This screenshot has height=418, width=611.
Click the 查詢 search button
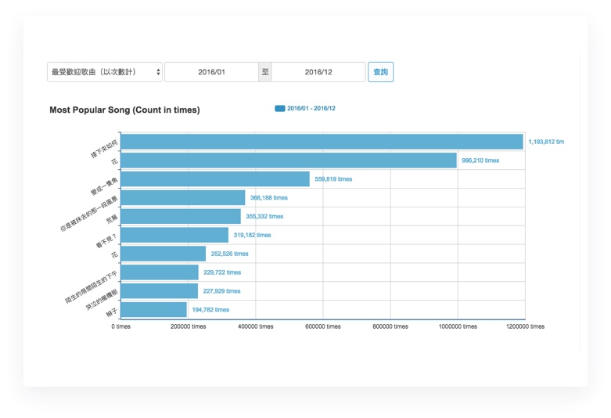pos(380,72)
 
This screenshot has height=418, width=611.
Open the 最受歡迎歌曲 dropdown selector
pos(105,72)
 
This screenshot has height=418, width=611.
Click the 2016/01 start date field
pos(211,72)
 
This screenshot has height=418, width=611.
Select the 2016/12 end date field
pos(318,72)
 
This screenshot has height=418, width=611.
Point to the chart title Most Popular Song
pos(124,110)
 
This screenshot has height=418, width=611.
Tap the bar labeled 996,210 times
pos(289,160)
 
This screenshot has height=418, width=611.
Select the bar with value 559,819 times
pos(215,179)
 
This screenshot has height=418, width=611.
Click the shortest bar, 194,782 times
pos(154,309)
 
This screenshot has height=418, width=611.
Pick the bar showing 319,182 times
pos(174,235)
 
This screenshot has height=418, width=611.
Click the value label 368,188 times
pos(268,198)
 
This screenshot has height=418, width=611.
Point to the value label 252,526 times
pos(229,254)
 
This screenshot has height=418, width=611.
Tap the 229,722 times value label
pos(222,272)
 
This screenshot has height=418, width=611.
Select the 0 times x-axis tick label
pos(120,326)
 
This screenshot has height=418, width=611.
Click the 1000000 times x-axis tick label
pos(458,326)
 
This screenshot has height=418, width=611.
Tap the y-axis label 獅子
pos(112,312)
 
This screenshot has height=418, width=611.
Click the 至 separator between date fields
pos(265,72)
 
